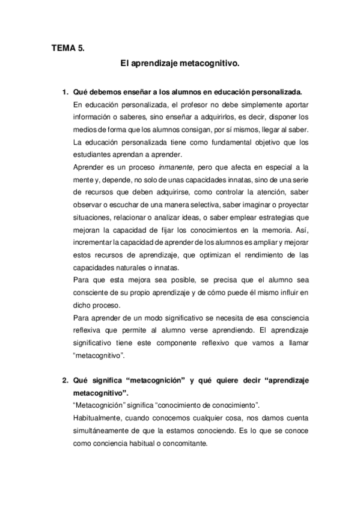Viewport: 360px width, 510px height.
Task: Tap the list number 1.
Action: [65, 92]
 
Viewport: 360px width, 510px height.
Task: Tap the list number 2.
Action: [65, 380]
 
